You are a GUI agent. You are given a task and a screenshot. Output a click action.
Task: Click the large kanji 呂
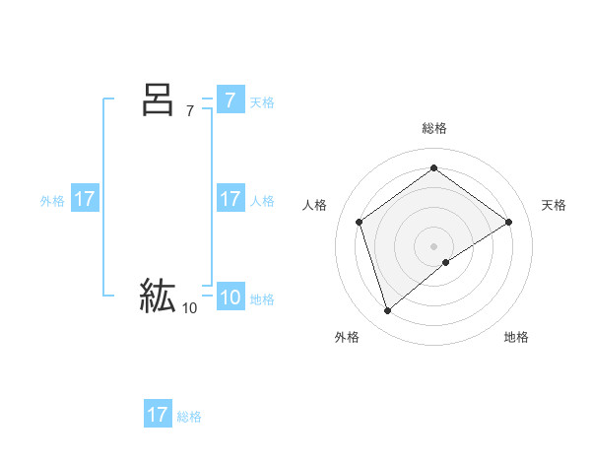click(x=158, y=99)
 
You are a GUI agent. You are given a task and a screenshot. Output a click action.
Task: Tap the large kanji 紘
click(x=158, y=296)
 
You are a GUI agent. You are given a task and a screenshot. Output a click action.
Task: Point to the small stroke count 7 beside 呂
click(x=190, y=111)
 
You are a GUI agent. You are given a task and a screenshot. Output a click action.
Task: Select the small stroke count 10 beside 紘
click(x=189, y=308)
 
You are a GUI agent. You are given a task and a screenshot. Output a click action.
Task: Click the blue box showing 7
click(x=230, y=100)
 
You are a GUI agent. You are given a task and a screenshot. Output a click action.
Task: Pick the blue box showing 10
click(x=230, y=298)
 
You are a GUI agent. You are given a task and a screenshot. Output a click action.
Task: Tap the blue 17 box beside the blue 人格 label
click(x=230, y=199)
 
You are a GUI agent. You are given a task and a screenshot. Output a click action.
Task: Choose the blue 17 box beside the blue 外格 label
click(x=84, y=199)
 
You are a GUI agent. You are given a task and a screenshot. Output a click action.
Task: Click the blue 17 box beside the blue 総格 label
click(x=157, y=415)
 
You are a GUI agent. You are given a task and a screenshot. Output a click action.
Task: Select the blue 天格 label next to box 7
click(x=262, y=102)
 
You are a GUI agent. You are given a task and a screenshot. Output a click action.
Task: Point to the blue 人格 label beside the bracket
click(x=262, y=201)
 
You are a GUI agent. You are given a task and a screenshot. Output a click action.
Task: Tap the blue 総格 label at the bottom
click(x=189, y=417)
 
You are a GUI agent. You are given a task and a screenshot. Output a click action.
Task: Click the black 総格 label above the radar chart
click(x=434, y=128)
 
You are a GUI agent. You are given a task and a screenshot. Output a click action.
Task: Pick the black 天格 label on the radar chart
click(x=554, y=205)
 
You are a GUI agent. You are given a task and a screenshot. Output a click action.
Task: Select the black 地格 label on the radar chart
click(x=516, y=337)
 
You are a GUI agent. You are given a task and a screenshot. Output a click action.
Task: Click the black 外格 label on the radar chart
click(x=347, y=337)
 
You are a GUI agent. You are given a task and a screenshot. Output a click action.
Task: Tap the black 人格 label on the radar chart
click(x=315, y=205)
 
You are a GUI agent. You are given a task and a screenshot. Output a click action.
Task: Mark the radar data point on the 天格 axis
click(x=508, y=222)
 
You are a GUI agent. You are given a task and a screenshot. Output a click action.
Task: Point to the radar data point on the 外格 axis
click(x=387, y=311)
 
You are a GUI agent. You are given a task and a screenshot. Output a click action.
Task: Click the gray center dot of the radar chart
click(x=434, y=245)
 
